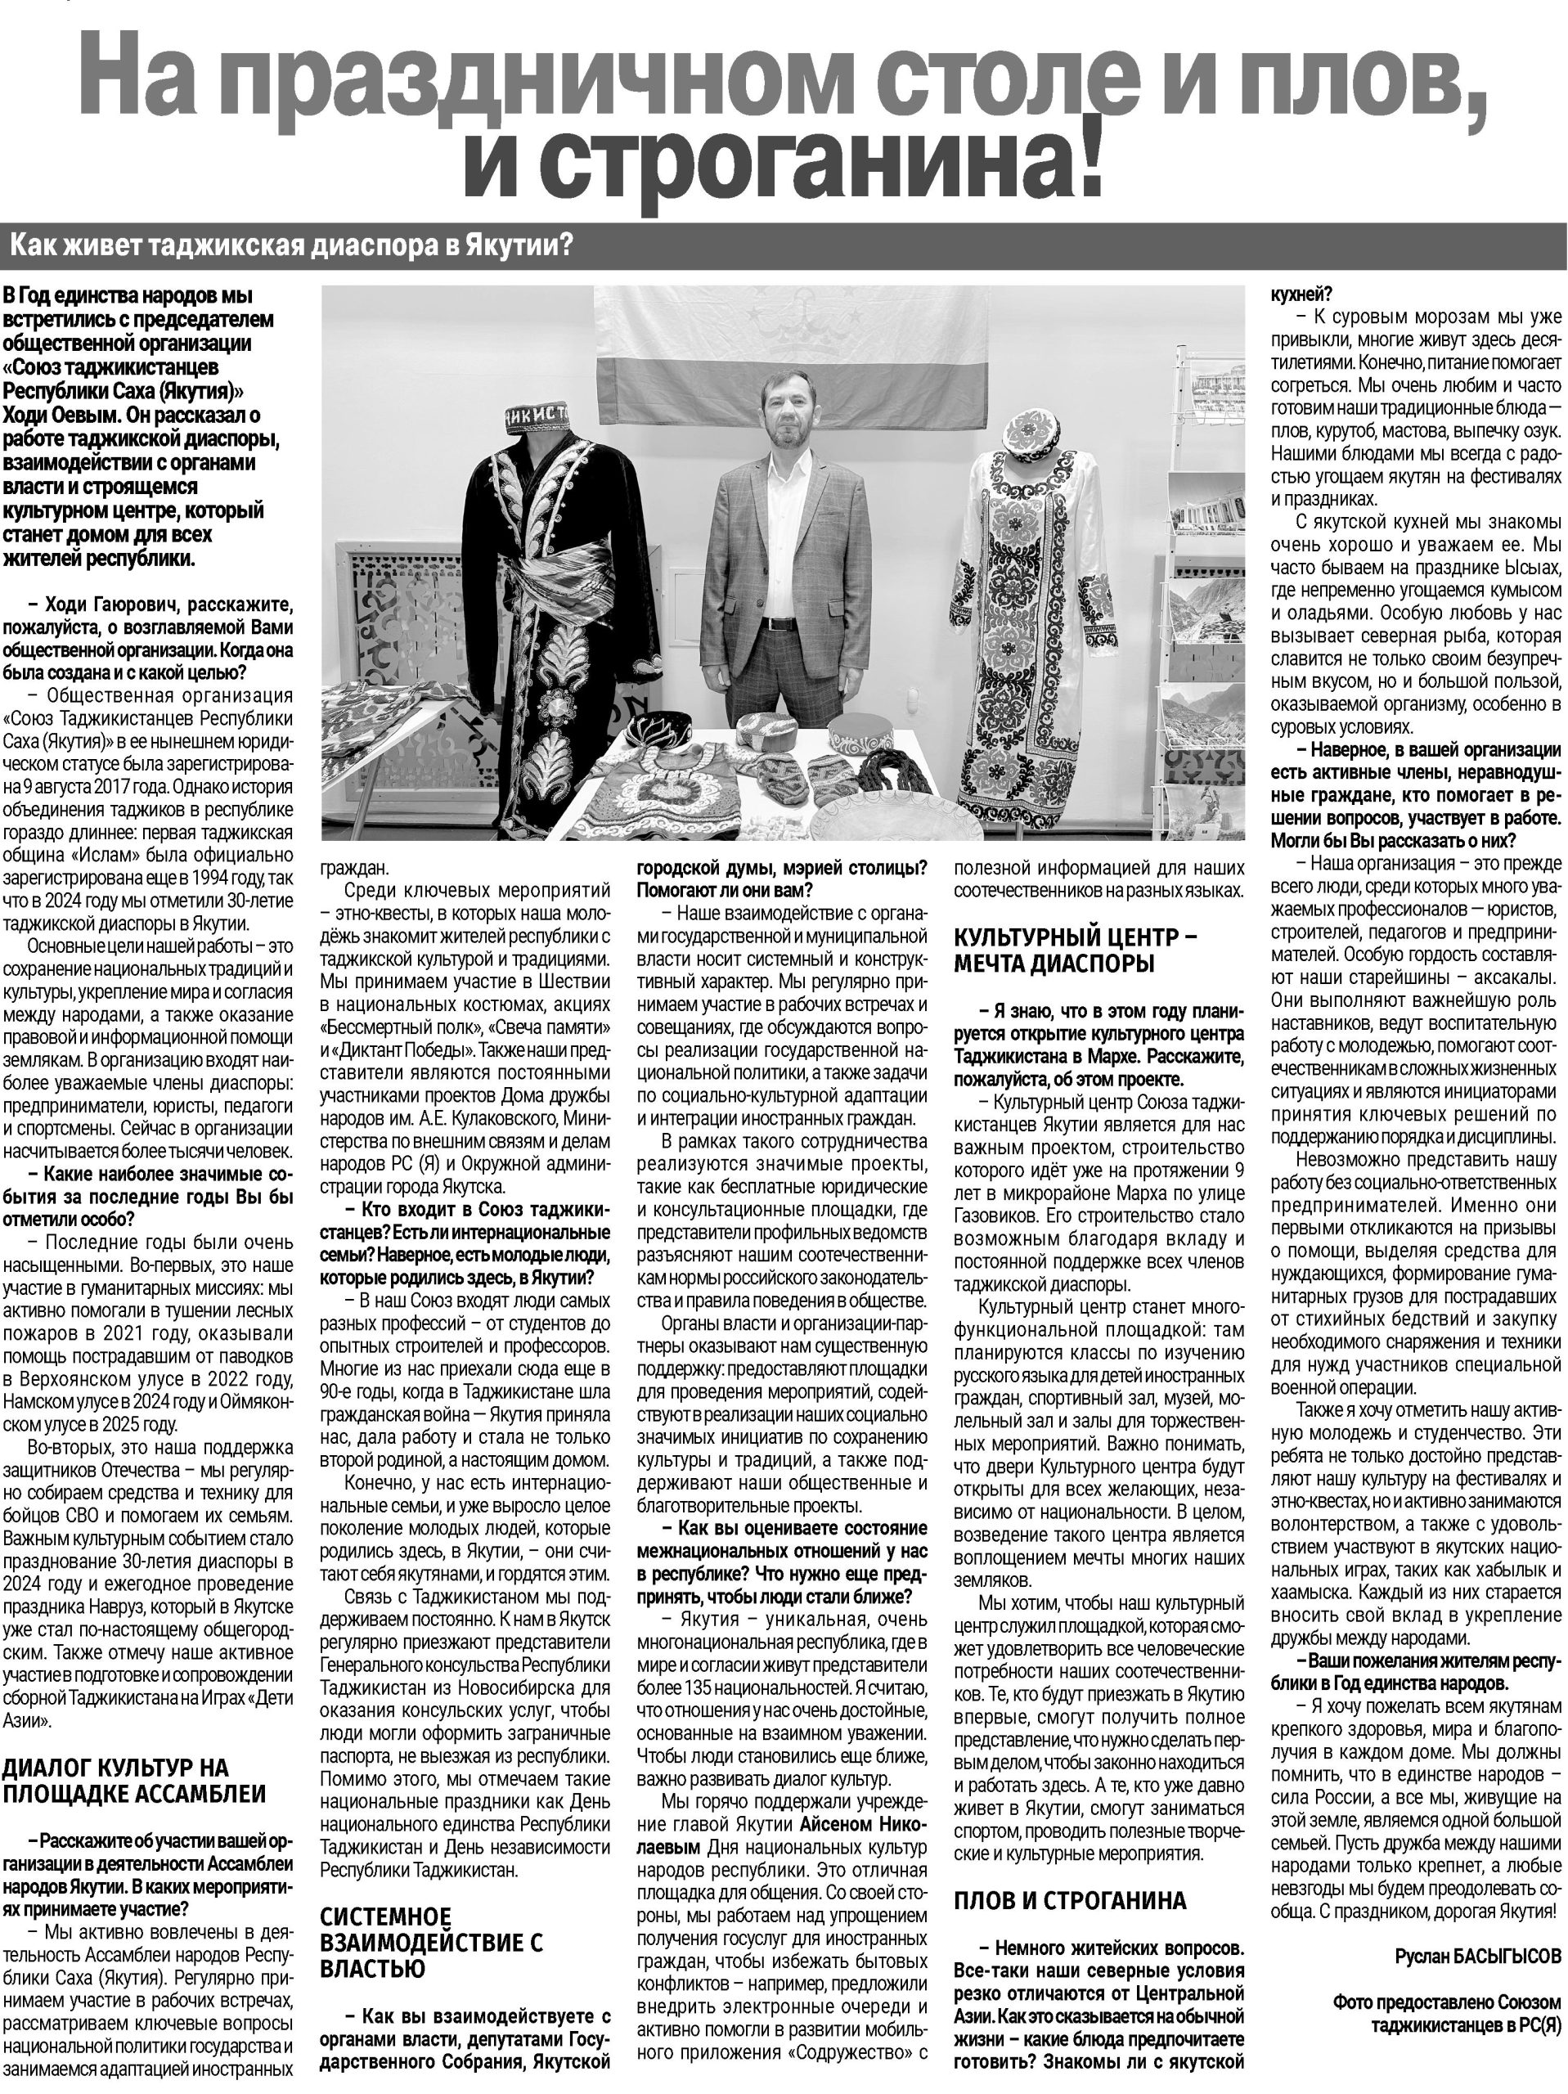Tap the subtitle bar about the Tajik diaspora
pos(293,248)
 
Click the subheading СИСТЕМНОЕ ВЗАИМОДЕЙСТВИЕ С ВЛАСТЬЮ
pos(431,1917)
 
